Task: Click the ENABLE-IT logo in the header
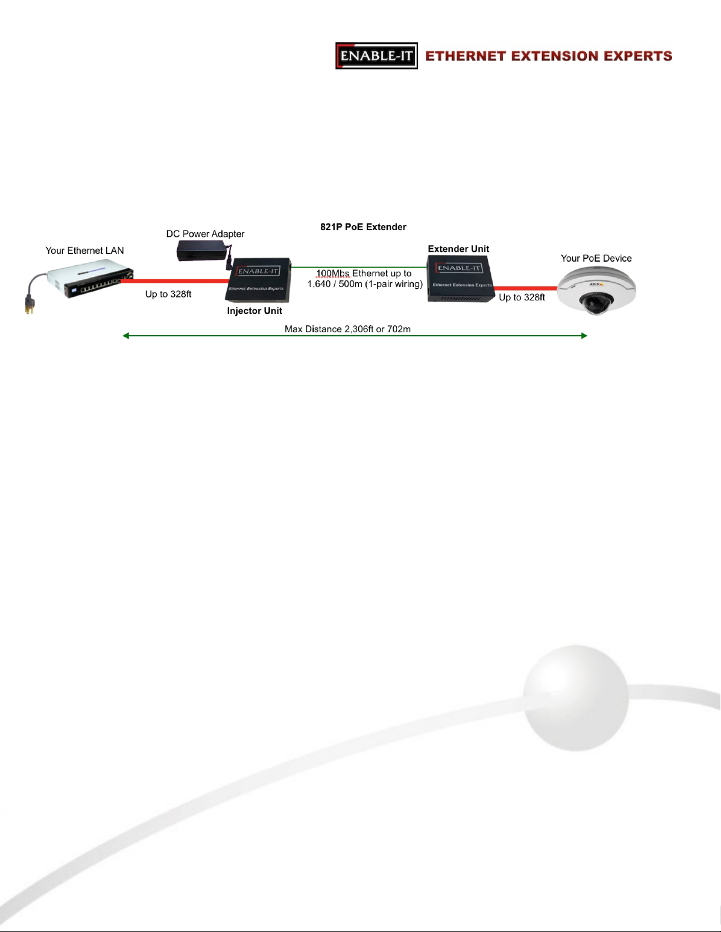tap(377, 56)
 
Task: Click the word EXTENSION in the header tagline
tap(549, 56)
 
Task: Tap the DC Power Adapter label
tap(205, 233)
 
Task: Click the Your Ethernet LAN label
tap(85, 250)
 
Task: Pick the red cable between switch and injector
tap(174, 281)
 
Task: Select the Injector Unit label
tap(255, 310)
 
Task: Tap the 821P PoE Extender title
tap(363, 226)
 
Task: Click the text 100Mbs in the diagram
tap(333, 273)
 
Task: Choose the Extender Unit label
tap(458, 249)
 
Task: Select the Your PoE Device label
tap(596, 258)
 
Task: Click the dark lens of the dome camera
tap(591, 303)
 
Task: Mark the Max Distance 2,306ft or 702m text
tap(348, 329)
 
